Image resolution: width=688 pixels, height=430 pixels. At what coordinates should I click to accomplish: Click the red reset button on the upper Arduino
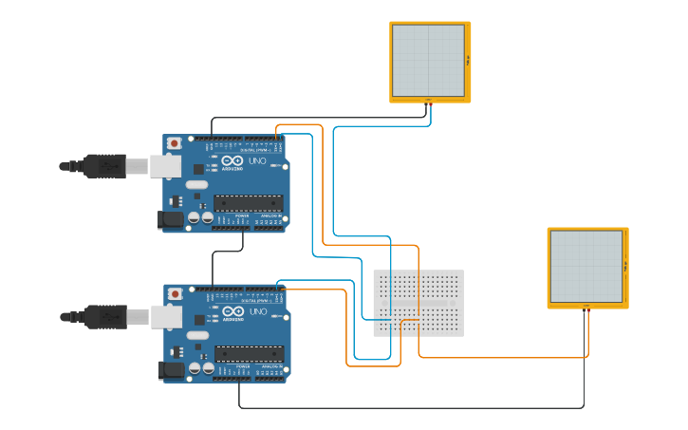click(x=174, y=143)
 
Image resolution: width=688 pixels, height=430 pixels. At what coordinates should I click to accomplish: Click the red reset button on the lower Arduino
click(x=175, y=294)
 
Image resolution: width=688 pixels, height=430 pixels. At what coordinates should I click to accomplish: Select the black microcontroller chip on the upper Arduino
click(x=248, y=202)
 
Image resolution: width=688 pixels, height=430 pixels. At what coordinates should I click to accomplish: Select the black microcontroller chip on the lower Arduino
click(x=249, y=353)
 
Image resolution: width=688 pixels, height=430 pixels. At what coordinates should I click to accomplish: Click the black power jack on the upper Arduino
click(x=170, y=219)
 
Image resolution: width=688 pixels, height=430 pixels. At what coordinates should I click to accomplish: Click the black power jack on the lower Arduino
click(x=171, y=370)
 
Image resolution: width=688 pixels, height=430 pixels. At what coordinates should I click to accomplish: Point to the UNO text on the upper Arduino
click(x=257, y=161)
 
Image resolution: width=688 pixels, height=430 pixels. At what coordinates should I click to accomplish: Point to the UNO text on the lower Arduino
click(x=258, y=312)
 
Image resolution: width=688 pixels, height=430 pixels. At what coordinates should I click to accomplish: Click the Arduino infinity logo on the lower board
click(x=233, y=311)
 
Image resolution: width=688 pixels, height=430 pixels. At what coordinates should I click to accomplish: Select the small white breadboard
click(x=418, y=303)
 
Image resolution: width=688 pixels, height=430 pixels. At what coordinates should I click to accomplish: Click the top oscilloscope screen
click(x=428, y=59)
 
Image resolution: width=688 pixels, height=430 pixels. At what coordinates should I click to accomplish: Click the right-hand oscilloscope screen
click(x=586, y=266)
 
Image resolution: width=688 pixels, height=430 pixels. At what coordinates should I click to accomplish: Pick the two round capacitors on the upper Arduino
click(x=200, y=217)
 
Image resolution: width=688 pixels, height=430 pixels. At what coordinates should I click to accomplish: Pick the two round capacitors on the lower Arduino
click(x=201, y=368)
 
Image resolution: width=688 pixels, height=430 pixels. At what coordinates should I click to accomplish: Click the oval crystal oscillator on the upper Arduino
click(x=196, y=184)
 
